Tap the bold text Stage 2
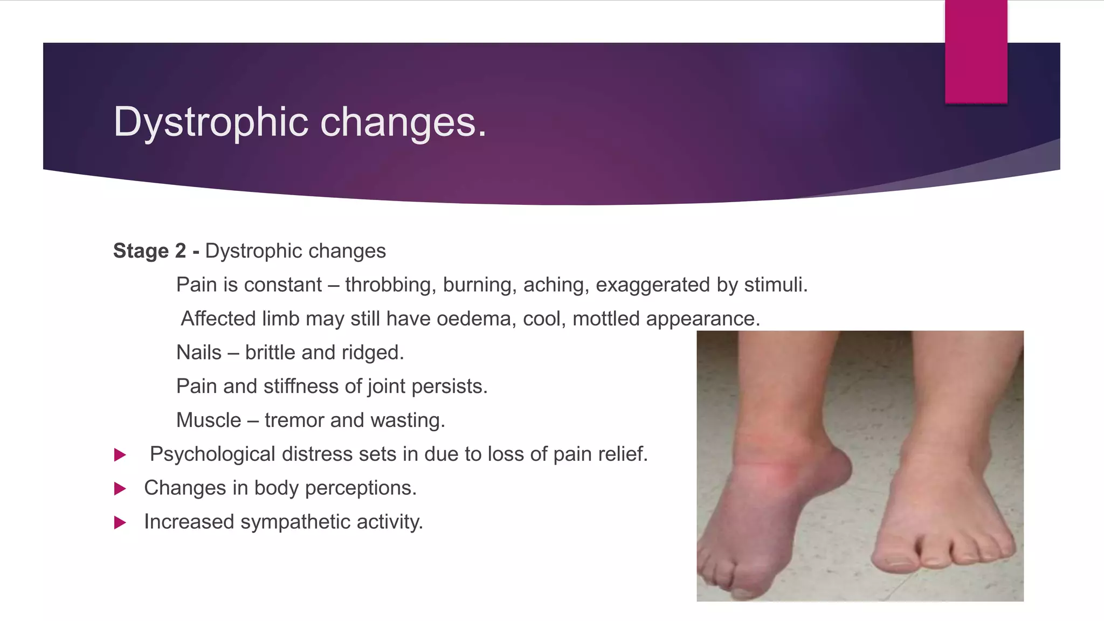click(149, 251)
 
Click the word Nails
click(199, 353)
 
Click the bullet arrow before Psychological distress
click(120, 455)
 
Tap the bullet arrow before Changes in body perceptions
click(120, 489)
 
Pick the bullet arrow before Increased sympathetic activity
click(120, 523)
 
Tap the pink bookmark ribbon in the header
click(976, 51)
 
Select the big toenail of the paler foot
click(897, 561)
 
